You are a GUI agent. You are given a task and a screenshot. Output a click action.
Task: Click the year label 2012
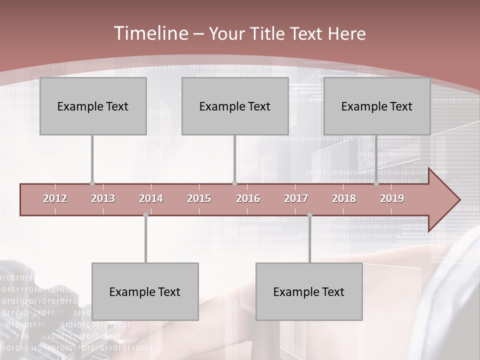[55, 198]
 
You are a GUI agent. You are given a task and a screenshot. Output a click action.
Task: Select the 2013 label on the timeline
[103, 198]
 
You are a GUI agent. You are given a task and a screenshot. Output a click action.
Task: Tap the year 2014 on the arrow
[151, 198]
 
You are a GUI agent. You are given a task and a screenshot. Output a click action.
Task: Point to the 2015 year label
[199, 198]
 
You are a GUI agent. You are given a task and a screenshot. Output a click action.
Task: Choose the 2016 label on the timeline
[248, 198]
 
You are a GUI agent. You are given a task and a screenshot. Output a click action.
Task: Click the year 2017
[296, 198]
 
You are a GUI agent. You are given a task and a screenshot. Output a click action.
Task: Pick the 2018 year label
[344, 198]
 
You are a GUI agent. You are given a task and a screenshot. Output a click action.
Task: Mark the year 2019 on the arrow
[392, 198]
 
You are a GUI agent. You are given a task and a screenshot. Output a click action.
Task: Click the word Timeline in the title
[150, 33]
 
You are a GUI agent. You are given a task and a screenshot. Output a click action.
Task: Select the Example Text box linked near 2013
[93, 106]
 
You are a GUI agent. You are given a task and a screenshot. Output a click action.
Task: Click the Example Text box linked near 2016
[235, 106]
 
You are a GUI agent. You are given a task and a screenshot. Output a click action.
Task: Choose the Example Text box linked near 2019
[377, 106]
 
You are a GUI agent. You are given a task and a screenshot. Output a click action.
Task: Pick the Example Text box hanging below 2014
[145, 291]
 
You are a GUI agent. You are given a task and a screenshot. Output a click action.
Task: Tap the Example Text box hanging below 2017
[309, 291]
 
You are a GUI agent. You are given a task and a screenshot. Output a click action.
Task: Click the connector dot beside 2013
[92, 183]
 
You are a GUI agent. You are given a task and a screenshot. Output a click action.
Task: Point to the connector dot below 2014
[145, 215]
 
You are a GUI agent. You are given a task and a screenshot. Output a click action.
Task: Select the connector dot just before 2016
[234, 183]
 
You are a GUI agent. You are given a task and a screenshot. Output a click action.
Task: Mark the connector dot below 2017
[309, 215]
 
